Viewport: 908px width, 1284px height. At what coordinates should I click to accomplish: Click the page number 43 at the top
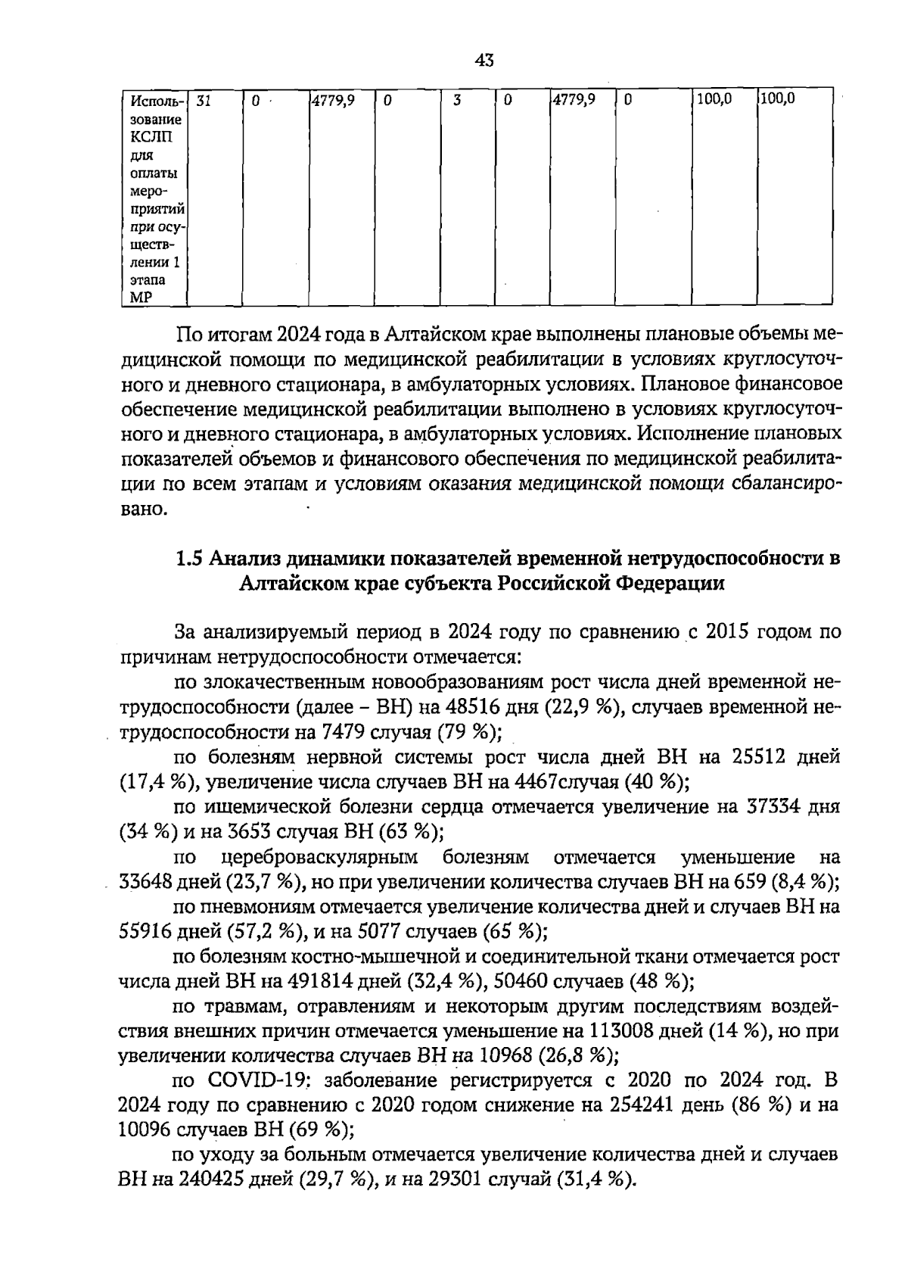point(485,61)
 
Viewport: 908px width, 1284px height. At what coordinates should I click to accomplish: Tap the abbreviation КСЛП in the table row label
point(150,136)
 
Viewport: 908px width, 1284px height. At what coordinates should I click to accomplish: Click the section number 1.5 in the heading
point(189,559)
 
